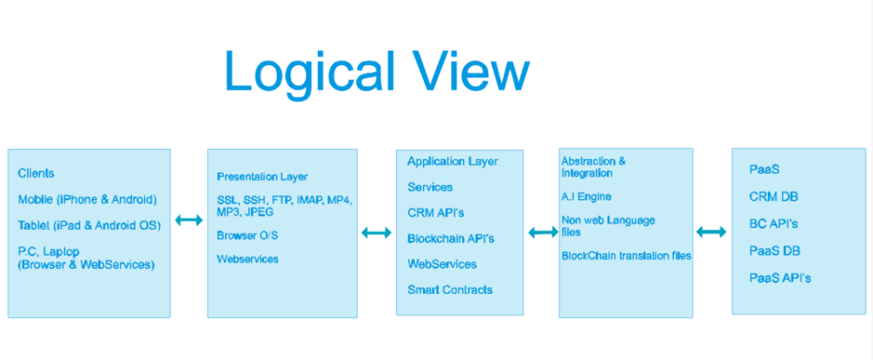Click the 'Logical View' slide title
point(377,73)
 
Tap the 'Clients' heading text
point(36,173)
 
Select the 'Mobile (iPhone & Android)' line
point(87,199)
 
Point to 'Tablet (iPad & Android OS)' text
point(89,226)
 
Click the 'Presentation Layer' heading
point(262,178)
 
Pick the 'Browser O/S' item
point(247,235)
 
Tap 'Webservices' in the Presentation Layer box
point(247,260)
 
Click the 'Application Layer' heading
point(453,162)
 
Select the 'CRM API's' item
point(436,213)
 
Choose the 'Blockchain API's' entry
point(451,238)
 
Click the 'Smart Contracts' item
point(450,290)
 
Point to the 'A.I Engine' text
point(587,196)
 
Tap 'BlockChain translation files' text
point(627,256)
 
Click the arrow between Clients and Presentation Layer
point(190,220)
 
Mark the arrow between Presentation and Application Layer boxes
point(377,233)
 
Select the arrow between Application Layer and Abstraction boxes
point(543,233)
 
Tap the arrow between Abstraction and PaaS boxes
point(711,232)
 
